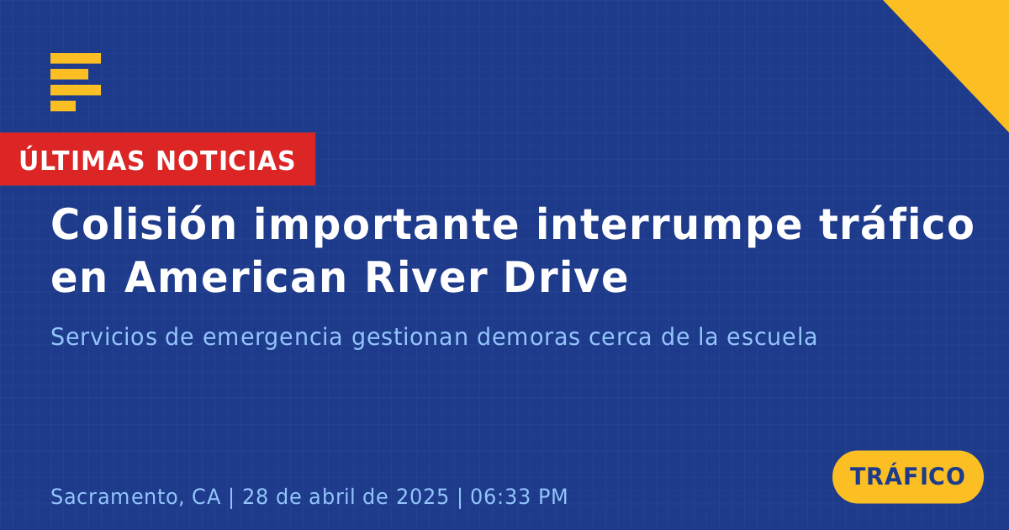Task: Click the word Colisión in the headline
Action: (x=144, y=224)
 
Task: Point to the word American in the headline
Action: (x=235, y=278)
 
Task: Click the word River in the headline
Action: (x=426, y=278)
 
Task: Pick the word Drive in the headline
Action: (x=566, y=278)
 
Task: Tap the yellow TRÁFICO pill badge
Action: (x=907, y=477)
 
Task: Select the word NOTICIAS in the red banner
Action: (x=225, y=161)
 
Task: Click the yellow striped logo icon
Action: (x=76, y=82)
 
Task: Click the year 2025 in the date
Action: (x=422, y=496)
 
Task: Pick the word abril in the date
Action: (x=332, y=496)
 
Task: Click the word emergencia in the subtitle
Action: (x=272, y=337)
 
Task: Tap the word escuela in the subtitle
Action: (x=772, y=337)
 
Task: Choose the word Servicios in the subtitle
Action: (x=104, y=337)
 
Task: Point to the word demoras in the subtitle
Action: (x=528, y=337)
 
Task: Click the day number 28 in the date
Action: (x=256, y=496)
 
